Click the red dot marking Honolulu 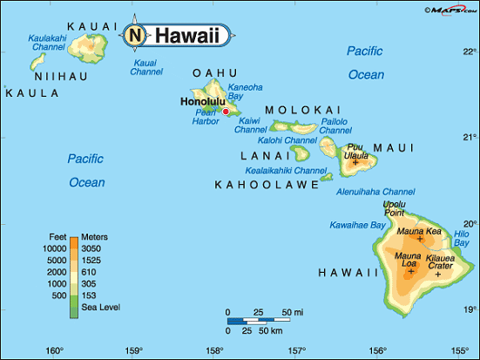click(x=226, y=112)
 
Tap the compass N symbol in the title click(x=135, y=36)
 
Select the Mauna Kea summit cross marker click(x=420, y=239)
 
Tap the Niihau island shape click(x=38, y=61)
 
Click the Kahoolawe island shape click(x=326, y=177)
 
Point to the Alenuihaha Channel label click(x=375, y=191)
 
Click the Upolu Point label click(x=395, y=208)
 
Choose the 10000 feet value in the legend click(x=55, y=248)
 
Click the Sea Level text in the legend click(x=101, y=307)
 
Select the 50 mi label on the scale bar click(x=292, y=312)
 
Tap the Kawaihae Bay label click(x=357, y=225)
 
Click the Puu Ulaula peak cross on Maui click(x=355, y=162)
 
